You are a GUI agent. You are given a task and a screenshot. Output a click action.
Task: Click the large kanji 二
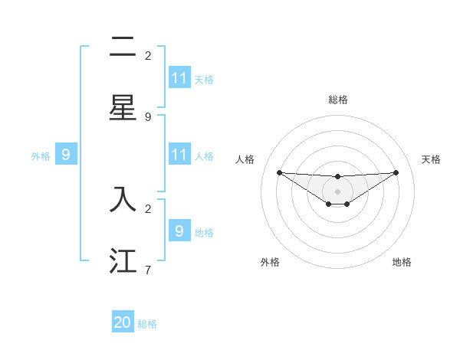123,47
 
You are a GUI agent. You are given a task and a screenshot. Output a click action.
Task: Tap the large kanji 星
123,108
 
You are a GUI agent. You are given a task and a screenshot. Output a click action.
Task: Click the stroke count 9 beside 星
148,116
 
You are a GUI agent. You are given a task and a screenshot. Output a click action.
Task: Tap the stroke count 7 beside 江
148,270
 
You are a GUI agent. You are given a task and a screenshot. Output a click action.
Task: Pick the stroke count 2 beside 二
148,55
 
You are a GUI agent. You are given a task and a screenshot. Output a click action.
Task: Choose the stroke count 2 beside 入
148,208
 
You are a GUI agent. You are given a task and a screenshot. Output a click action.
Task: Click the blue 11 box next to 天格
179,78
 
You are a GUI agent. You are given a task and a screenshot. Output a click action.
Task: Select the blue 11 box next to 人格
179,155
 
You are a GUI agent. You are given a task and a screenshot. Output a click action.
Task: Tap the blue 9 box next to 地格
179,231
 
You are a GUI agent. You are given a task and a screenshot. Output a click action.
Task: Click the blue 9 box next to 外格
66,155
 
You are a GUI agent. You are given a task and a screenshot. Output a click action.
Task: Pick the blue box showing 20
123,323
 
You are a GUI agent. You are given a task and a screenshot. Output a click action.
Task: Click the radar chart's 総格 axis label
337,100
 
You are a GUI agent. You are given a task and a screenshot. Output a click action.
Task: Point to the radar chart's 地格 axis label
402,262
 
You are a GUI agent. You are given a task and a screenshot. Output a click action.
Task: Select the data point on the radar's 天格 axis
396,172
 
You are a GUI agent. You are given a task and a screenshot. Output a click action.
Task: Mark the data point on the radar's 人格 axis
279,172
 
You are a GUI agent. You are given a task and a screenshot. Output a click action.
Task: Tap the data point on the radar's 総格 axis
337,177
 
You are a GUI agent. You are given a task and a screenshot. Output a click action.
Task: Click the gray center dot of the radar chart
337,191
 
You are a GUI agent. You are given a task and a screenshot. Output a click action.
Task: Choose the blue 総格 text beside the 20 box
147,324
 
